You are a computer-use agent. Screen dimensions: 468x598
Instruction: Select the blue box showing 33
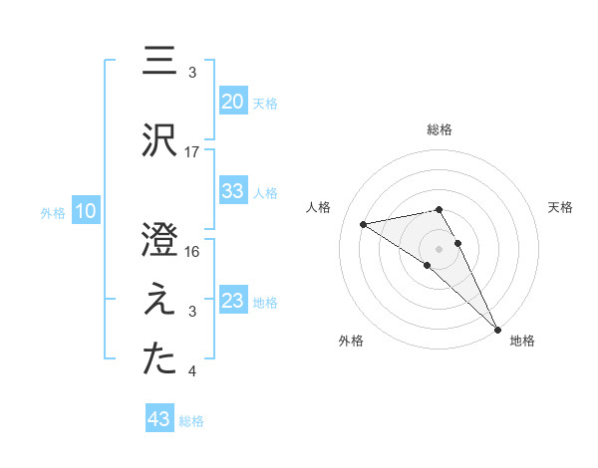click(232, 191)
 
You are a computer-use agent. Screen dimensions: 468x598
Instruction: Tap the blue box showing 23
click(232, 301)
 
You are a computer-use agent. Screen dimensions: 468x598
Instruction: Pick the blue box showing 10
click(85, 211)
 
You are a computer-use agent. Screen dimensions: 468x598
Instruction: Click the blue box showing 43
click(159, 419)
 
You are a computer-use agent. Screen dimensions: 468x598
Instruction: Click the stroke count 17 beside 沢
click(192, 152)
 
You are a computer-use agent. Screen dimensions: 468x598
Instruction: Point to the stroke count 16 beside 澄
click(192, 251)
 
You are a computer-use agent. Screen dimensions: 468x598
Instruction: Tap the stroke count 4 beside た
click(192, 372)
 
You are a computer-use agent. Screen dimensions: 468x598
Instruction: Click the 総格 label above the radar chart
click(440, 129)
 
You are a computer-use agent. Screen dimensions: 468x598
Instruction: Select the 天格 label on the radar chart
click(560, 207)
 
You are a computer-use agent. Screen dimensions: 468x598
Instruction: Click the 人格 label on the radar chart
click(319, 207)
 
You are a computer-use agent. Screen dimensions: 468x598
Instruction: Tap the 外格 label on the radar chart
click(350, 341)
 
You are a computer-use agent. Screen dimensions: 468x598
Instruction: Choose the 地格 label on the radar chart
click(522, 341)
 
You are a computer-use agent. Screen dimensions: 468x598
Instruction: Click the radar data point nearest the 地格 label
click(496, 328)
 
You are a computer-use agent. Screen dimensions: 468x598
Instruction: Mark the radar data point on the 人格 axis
click(363, 223)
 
